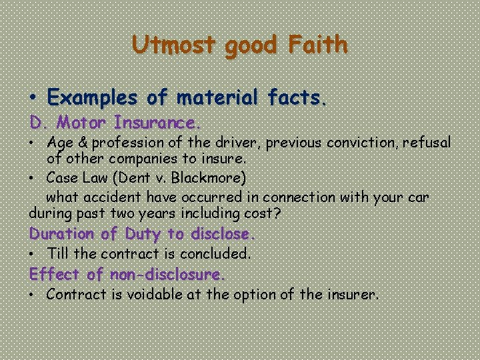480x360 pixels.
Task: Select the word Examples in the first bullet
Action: click(x=93, y=98)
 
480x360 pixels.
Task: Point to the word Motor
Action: click(x=83, y=123)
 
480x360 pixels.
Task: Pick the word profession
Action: click(x=123, y=143)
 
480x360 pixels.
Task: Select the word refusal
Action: click(x=424, y=143)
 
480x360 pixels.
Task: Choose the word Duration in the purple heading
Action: click(x=60, y=234)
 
